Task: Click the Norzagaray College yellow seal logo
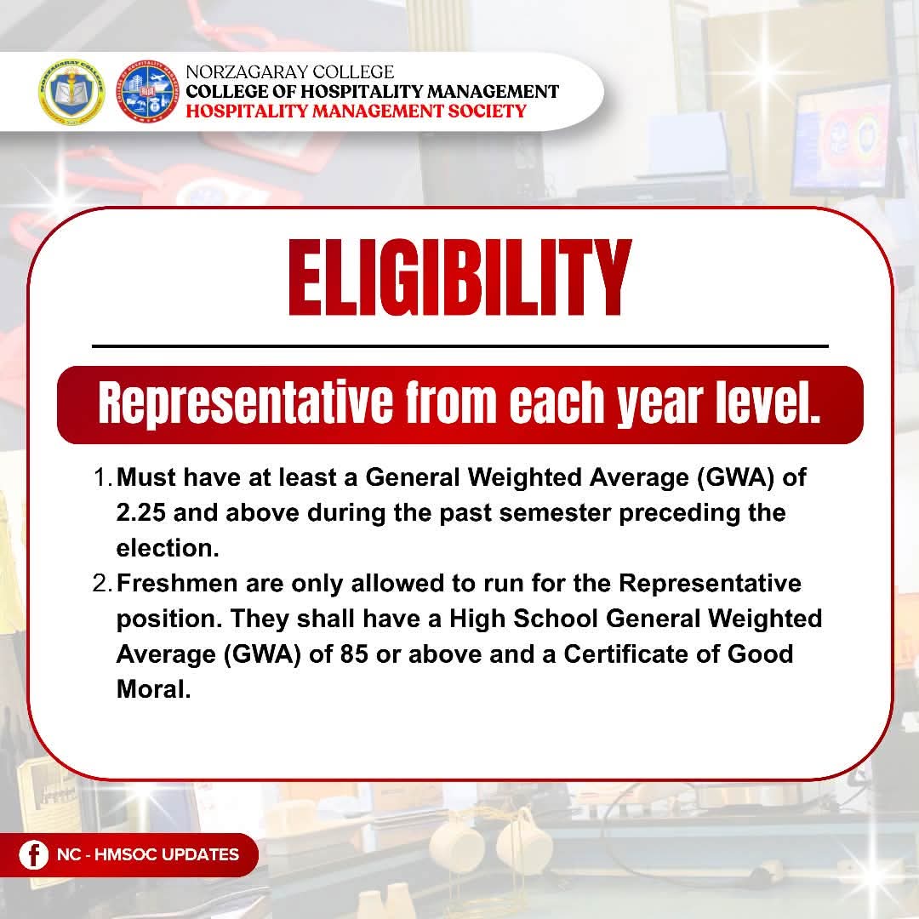click(x=71, y=91)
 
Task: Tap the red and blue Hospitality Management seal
click(x=146, y=91)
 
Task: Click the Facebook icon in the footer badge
click(x=33, y=854)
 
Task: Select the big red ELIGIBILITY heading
click(x=460, y=277)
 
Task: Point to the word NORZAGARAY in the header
click(x=247, y=72)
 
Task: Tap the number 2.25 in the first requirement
click(x=140, y=513)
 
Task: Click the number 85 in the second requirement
click(x=354, y=654)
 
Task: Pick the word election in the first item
click(x=167, y=549)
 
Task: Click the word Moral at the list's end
click(x=153, y=689)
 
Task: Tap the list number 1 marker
click(x=102, y=477)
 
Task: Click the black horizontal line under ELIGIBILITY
click(x=460, y=346)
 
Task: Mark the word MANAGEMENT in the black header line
click(x=493, y=91)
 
